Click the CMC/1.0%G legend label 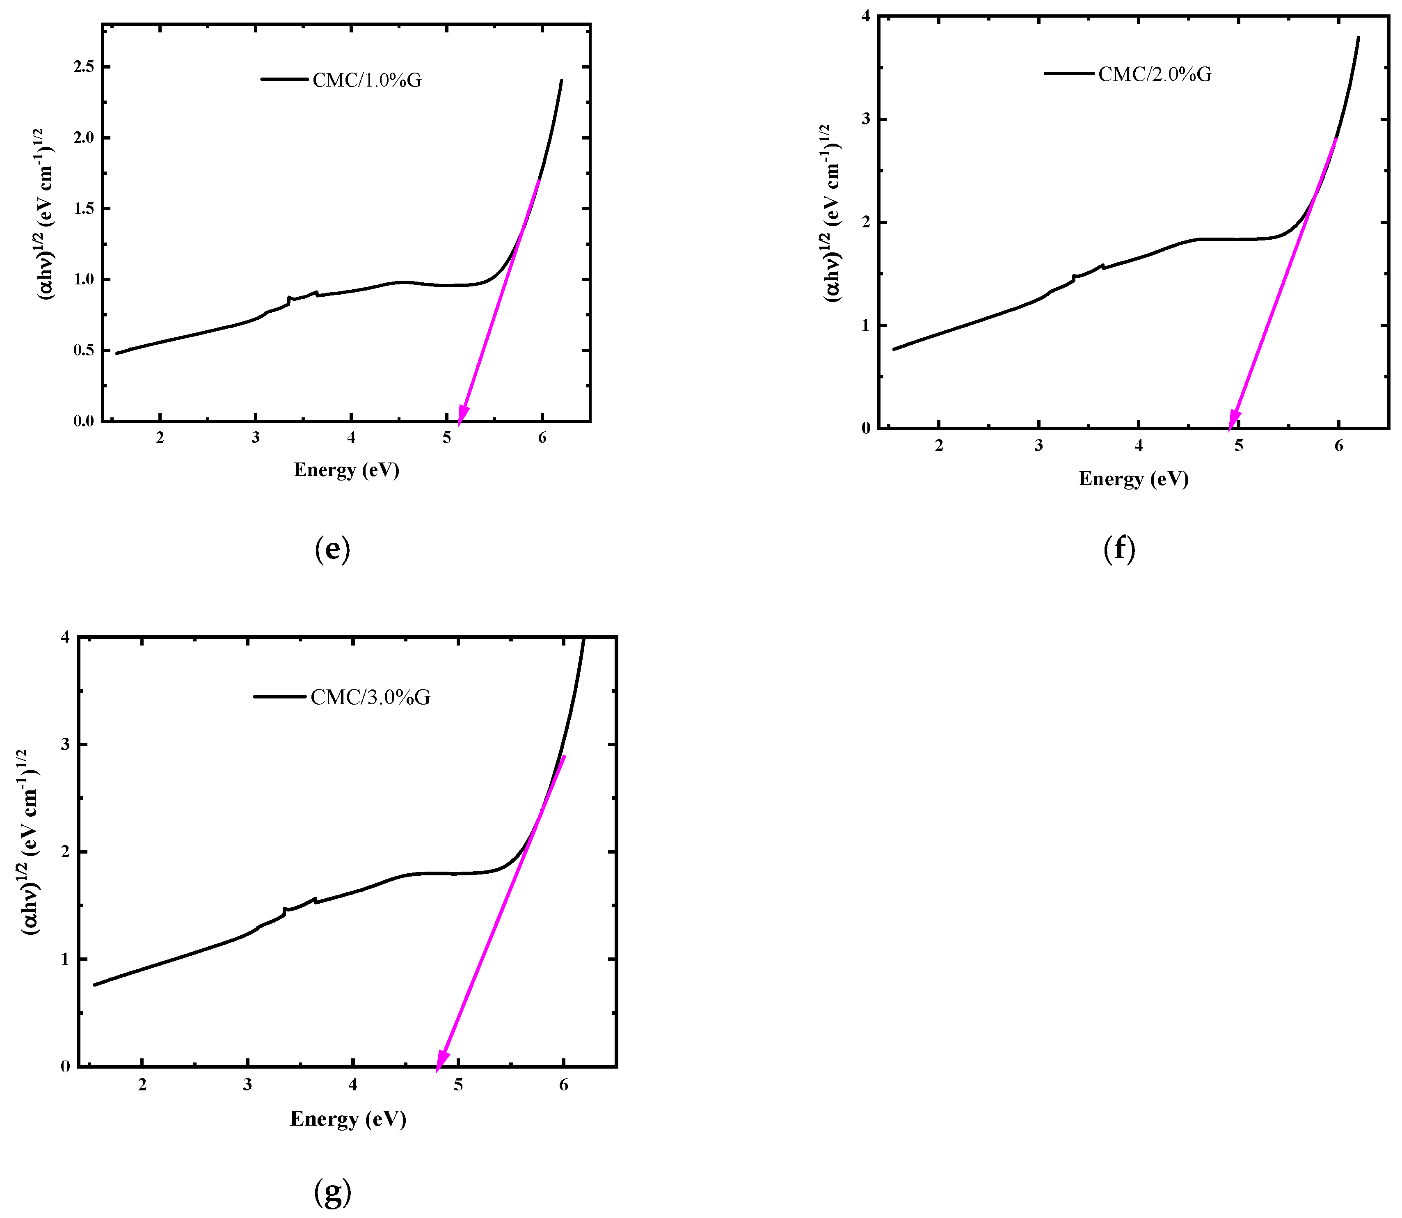(366, 80)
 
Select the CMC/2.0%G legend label (1154, 74)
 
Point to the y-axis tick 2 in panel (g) (65, 852)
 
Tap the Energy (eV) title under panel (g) (348, 1119)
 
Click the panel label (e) (332, 549)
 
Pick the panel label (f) (1118, 549)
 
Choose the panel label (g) (332, 1191)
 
